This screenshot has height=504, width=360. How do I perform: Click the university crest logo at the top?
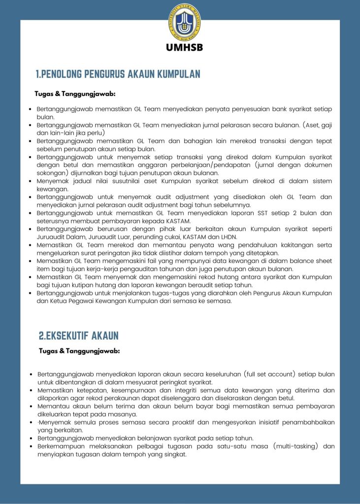point(185,22)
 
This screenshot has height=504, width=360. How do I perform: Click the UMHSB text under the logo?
point(185,48)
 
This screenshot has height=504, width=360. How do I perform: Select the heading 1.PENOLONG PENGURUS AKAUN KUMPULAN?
point(118,74)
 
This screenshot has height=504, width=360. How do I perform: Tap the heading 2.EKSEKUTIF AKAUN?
point(79,336)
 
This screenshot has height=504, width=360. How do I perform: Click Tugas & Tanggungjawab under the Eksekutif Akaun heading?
point(79,351)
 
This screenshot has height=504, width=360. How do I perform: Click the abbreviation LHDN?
point(227,237)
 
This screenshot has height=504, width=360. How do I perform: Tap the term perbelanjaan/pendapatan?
point(242,165)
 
